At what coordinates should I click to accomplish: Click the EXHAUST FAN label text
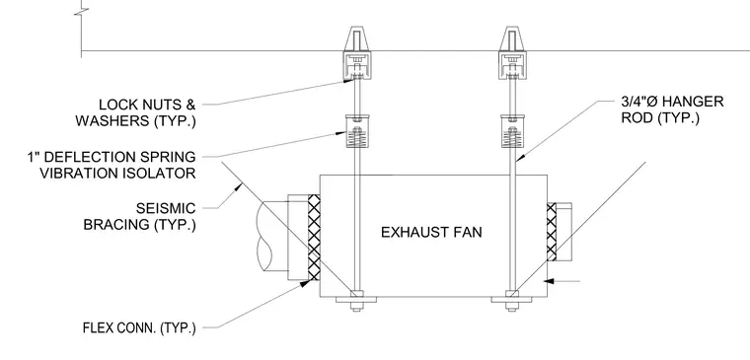431,233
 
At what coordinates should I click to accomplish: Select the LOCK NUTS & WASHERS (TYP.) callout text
135,112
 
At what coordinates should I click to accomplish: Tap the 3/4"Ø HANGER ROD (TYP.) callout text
672,109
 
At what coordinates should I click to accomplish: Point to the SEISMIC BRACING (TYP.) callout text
140,216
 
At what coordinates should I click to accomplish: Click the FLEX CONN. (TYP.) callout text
139,328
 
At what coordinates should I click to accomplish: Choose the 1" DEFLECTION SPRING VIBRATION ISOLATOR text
112,165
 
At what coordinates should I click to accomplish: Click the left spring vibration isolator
357,131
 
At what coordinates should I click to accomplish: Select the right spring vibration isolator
512,131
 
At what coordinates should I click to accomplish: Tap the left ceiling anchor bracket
357,52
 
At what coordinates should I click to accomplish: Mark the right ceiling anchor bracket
512,52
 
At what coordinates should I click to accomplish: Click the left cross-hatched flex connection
314,238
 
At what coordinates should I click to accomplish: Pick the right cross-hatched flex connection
552,232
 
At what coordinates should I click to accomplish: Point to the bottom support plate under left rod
356,300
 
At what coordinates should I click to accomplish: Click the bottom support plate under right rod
512,300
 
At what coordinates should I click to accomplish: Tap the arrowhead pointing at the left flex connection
304,283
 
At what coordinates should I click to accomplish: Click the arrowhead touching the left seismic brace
238,187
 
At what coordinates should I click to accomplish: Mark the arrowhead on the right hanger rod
520,156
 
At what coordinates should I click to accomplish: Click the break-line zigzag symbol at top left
81,11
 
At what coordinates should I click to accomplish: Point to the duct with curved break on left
272,238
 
